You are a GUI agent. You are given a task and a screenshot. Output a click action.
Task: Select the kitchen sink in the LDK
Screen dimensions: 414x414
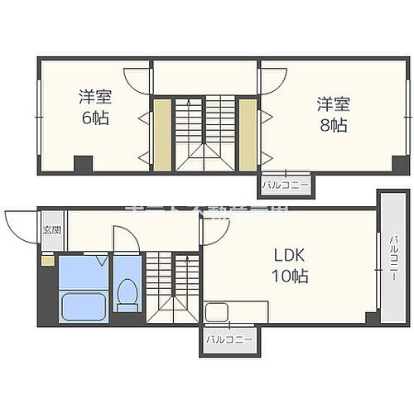(x=217, y=313)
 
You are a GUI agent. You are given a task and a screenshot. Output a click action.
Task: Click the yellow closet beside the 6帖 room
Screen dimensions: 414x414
(x=161, y=134)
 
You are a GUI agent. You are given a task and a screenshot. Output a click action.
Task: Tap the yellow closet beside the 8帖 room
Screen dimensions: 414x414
(x=248, y=134)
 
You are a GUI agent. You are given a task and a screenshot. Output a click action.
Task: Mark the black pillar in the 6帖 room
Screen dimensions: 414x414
(x=81, y=164)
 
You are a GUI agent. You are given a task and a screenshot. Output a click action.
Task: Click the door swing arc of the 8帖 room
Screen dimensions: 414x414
(x=272, y=80)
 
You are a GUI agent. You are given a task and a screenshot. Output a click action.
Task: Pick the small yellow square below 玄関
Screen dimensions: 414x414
(x=47, y=259)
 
